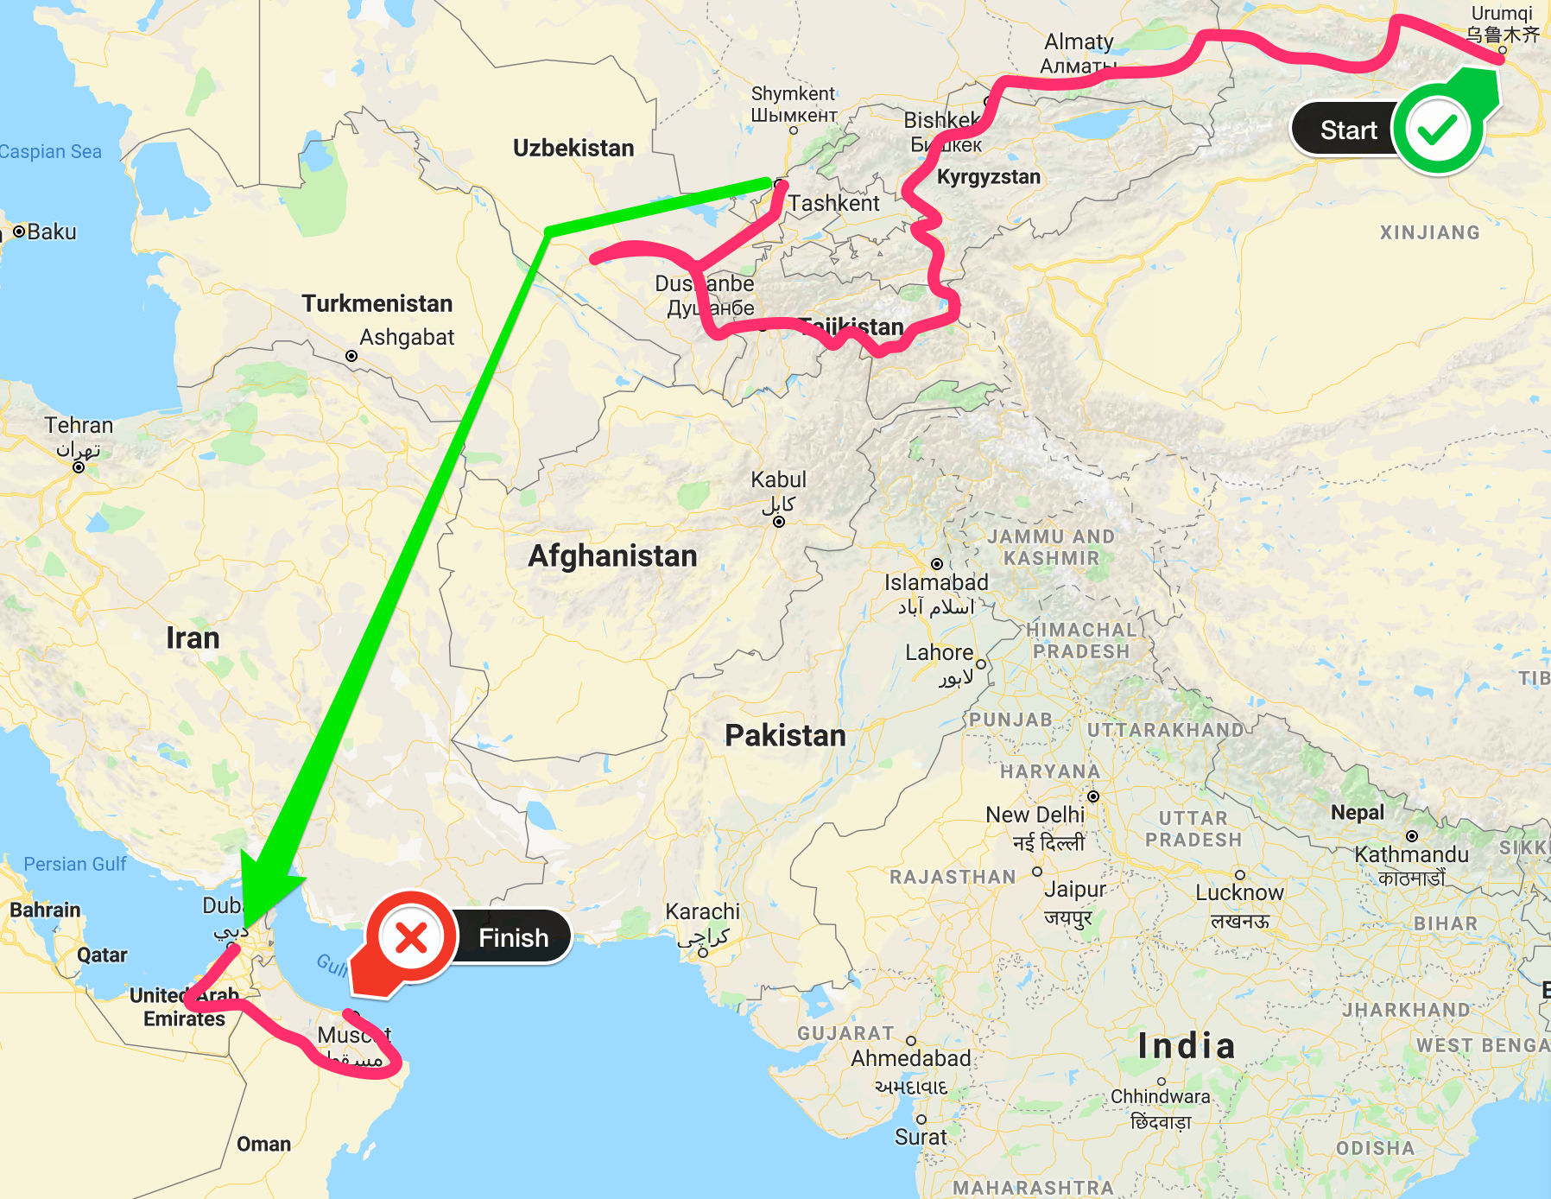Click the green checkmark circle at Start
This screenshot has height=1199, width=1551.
(x=1438, y=130)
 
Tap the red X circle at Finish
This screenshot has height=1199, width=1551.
(x=412, y=937)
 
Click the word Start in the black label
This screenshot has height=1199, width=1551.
(x=1348, y=130)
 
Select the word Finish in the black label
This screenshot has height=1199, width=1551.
(x=514, y=938)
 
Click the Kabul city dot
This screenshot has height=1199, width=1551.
(x=779, y=522)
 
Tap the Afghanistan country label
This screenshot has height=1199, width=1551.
(x=612, y=556)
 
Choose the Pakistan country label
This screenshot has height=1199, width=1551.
(x=785, y=735)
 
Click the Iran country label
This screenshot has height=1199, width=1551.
(x=193, y=638)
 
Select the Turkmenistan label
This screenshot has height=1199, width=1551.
(x=377, y=303)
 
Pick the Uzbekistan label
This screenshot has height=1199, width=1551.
(x=573, y=148)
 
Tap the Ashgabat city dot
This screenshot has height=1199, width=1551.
(x=351, y=356)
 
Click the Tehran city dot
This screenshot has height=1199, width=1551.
(x=79, y=467)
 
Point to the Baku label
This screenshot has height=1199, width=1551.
(x=51, y=232)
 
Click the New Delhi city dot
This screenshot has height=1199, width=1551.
(x=1093, y=796)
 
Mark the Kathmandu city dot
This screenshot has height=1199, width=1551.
(x=1412, y=836)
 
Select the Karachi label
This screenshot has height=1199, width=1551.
(x=702, y=911)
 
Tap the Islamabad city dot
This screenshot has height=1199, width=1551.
(x=937, y=564)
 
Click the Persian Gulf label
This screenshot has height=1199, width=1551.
(x=75, y=864)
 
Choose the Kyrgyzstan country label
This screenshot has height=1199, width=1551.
(x=989, y=177)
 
